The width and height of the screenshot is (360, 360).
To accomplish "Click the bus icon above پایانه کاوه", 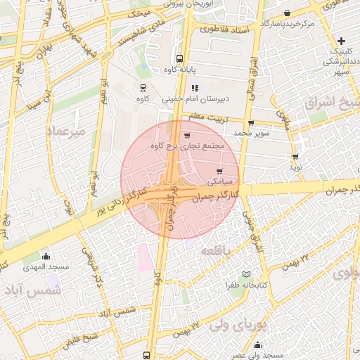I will [x=180, y=59].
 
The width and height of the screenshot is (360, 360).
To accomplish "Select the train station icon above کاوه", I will [x=143, y=89].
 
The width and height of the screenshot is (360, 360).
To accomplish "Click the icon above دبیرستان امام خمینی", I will [x=195, y=89].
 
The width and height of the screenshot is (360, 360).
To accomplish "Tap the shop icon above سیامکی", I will [x=220, y=171].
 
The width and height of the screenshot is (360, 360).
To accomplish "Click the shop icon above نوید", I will [x=295, y=157].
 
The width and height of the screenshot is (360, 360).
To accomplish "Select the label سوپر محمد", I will [x=252, y=132].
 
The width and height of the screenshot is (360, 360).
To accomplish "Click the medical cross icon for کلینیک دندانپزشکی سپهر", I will [x=341, y=40].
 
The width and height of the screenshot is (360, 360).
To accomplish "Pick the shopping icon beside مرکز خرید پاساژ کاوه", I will [x=288, y=13].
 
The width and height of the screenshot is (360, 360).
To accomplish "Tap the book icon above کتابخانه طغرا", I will [x=245, y=274].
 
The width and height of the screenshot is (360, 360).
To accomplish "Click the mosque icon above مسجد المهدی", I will [x=46, y=256].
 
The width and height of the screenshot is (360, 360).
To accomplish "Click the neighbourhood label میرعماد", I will [x=65, y=131].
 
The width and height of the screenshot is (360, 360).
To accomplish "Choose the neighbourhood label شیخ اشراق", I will [x=331, y=104].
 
